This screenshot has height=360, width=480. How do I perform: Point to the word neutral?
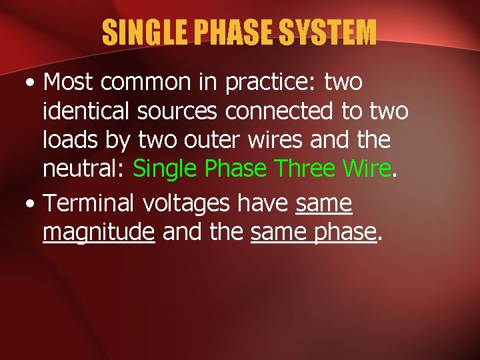[81, 168]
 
